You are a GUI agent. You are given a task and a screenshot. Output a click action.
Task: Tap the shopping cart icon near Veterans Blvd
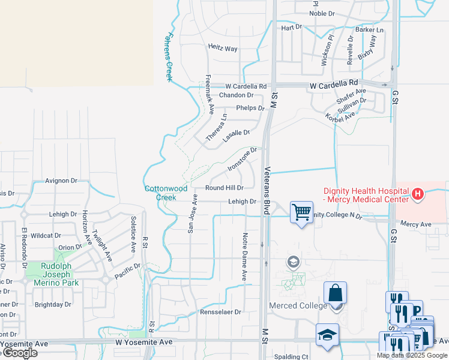[x=301, y=211]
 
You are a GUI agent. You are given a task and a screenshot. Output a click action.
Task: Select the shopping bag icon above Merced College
[x=335, y=293]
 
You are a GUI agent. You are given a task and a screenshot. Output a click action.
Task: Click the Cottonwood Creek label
[x=160, y=193]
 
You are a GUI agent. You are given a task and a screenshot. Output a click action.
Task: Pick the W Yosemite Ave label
[x=143, y=342]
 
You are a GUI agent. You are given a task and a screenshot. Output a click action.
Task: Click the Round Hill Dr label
[x=224, y=188]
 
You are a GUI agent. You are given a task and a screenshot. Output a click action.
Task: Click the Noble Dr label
[x=322, y=13]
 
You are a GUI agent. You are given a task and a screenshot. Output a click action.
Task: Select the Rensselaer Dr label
[x=220, y=312]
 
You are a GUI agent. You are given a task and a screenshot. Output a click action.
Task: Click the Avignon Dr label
[x=62, y=180]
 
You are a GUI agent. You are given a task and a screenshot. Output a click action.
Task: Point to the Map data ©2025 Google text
[x=412, y=355]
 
